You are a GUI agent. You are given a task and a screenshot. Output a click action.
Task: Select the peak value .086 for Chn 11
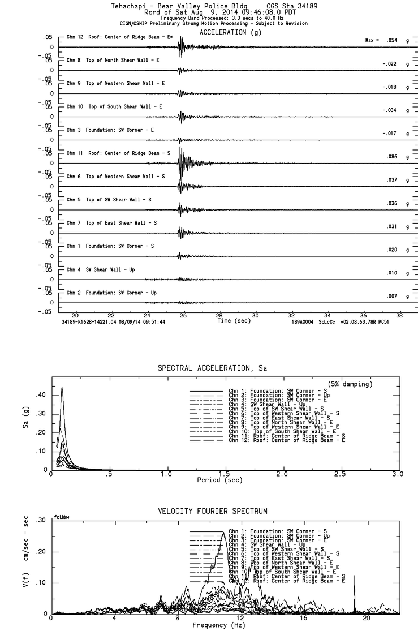tap(389, 157)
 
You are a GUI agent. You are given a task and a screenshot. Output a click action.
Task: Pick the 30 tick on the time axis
tap(256, 315)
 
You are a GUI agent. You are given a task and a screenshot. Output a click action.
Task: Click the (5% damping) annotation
tap(350, 384)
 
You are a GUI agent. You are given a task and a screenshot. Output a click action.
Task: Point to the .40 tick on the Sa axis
tap(40, 395)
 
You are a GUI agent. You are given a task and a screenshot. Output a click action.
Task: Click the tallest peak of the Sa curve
tap(61, 388)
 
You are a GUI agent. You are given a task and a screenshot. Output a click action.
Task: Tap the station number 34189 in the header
tap(293, 6)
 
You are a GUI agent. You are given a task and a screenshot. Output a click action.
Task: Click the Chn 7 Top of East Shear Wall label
tap(111, 223)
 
